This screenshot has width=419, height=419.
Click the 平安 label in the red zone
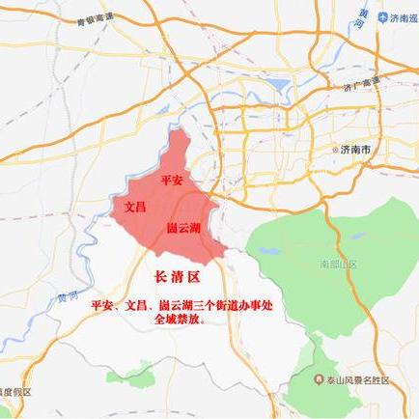(172, 181)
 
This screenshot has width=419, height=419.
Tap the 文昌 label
(135, 207)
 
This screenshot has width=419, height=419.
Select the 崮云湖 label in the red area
(183, 228)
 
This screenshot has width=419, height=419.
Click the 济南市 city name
(360, 151)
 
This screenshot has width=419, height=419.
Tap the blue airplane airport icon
(383, 17)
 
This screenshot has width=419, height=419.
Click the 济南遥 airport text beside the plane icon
(405, 17)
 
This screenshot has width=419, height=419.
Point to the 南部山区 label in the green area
(339, 263)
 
